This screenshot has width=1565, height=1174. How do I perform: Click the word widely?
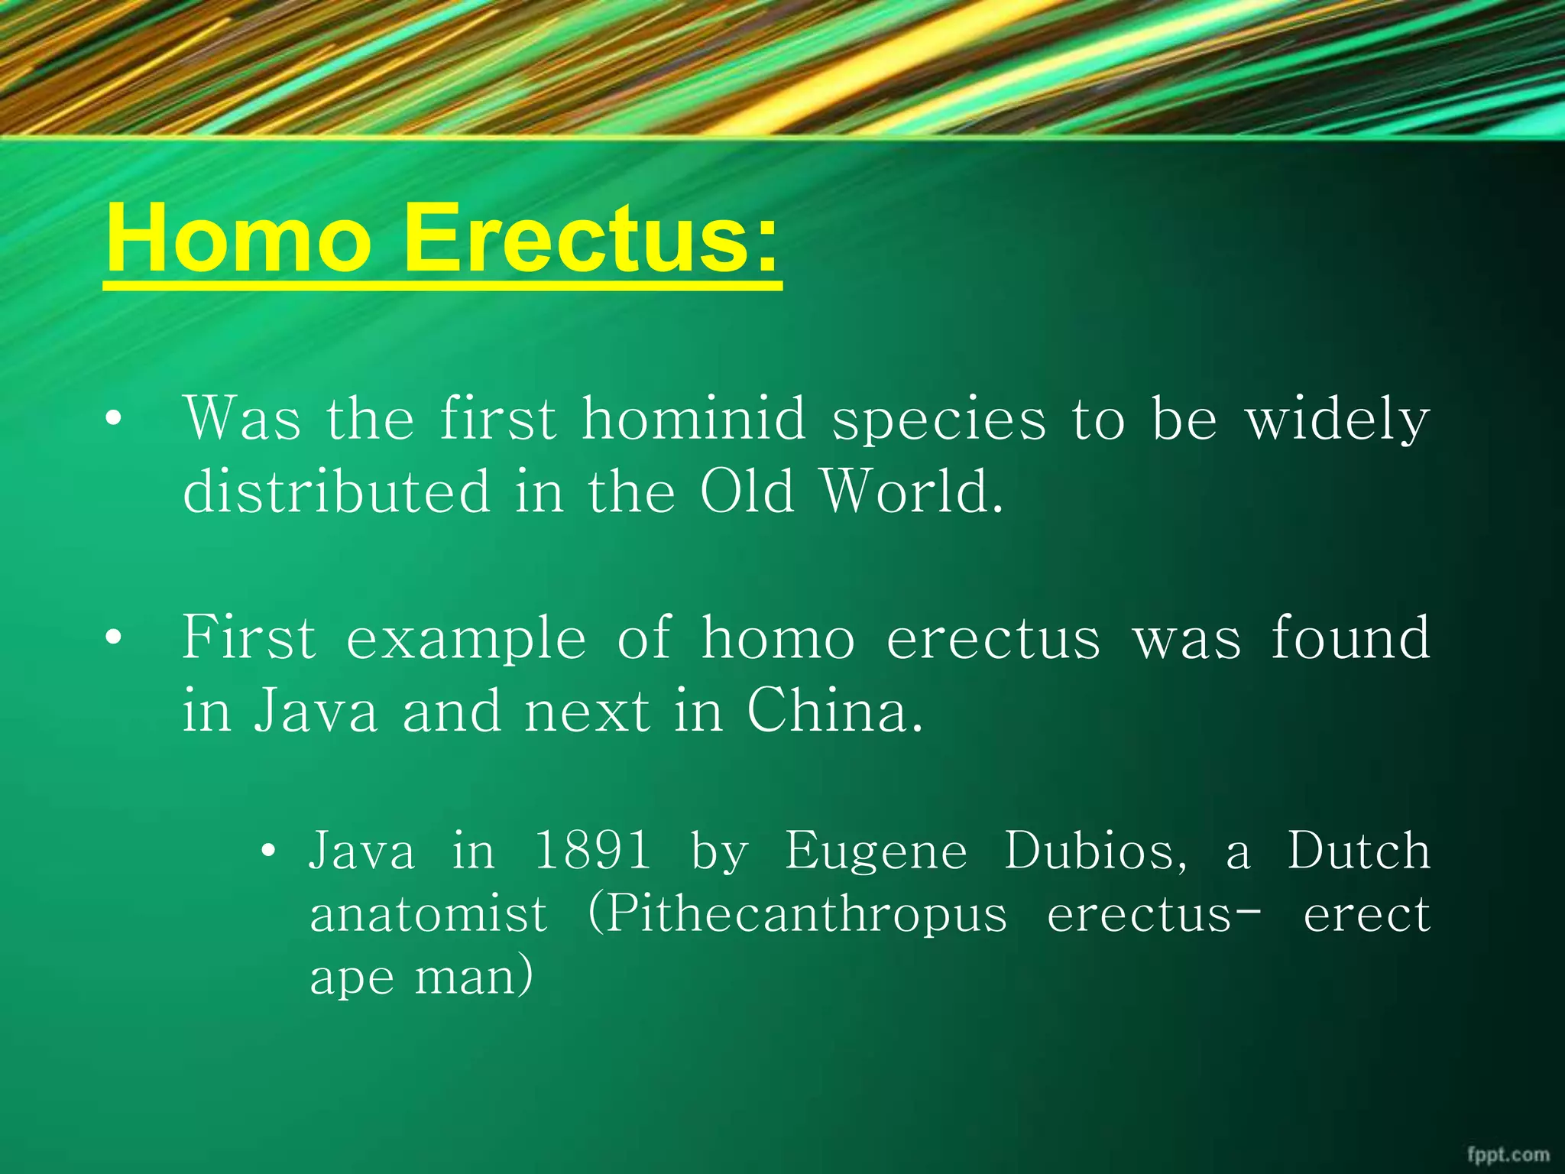point(1337,420)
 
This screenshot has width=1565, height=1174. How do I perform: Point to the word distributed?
point(336,491)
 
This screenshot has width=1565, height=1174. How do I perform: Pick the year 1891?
point(592,851)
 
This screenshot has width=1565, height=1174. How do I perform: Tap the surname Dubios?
point(1094,851)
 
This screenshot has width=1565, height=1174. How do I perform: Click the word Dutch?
point(1359,851)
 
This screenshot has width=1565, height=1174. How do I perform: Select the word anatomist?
point(428,914)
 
